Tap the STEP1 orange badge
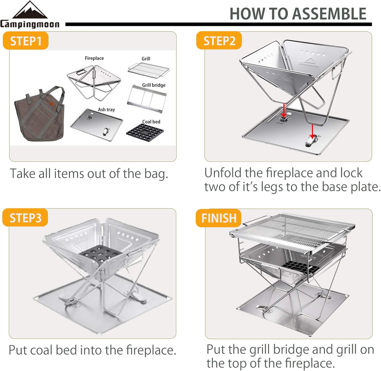pos(26,41)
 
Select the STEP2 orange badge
pos(219,41)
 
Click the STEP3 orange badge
pos(25,218)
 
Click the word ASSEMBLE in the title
pos(329,14)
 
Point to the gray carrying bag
pos(39,114)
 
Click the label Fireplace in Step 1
pos(94,58)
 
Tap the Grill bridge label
pos(154,85)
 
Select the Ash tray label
pos(106,109)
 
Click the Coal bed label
pos(151,122)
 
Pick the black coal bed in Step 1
pos(145,132)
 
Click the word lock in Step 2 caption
pos(351,173)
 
